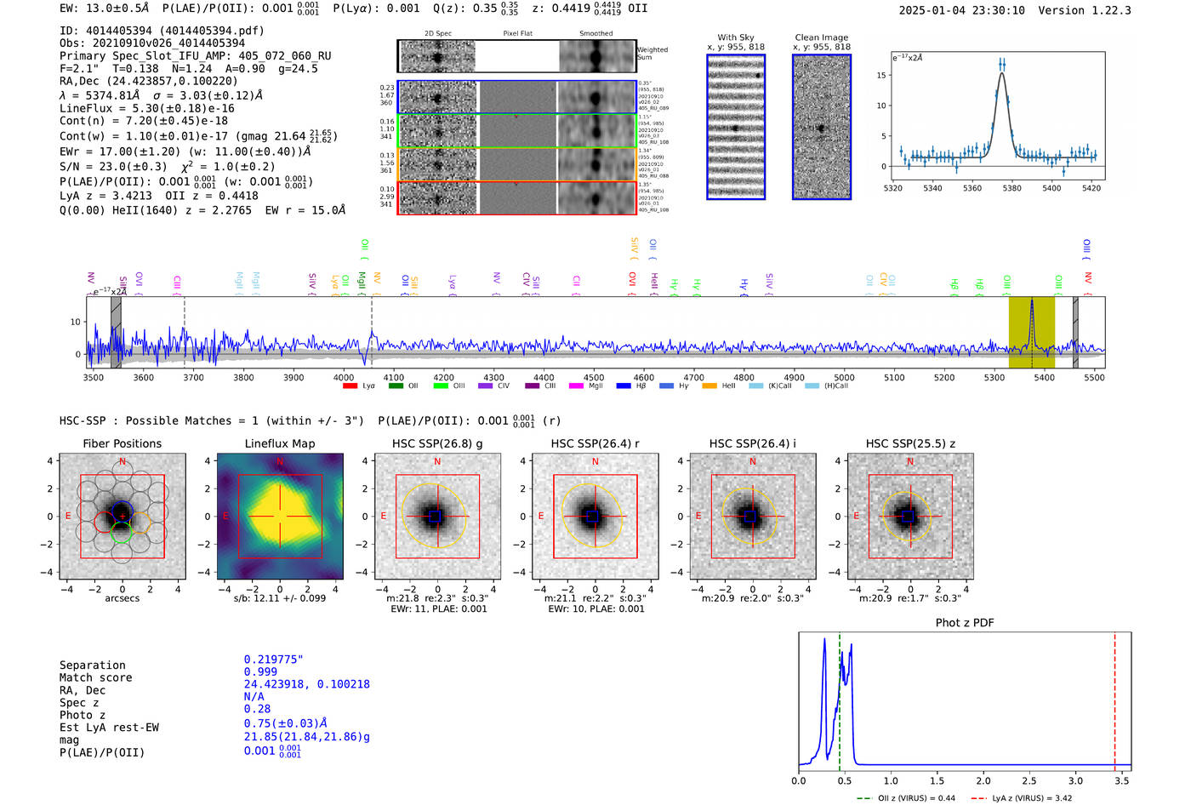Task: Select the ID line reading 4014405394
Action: pos(162,31)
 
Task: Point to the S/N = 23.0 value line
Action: pos(167,167)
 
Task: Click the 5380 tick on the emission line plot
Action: pos(1011,188)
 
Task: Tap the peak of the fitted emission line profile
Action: pos(1002,73)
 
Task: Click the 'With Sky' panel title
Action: pos(735,37)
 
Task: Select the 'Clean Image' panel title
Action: pos(821,37)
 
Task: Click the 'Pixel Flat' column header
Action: pos(517,34)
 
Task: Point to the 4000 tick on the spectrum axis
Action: pos(344,377)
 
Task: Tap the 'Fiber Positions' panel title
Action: pos(122,443)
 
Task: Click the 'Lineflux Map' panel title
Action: pos(280,443)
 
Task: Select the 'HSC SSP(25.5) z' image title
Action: pos(910,443)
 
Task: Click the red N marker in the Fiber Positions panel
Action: pos(123,461)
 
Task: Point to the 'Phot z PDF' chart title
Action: pos(965,623)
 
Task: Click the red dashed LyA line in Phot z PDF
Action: pos(1115,698)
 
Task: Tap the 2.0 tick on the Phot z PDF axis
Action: pos(983,780)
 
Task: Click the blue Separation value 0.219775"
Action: pos(273,660)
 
